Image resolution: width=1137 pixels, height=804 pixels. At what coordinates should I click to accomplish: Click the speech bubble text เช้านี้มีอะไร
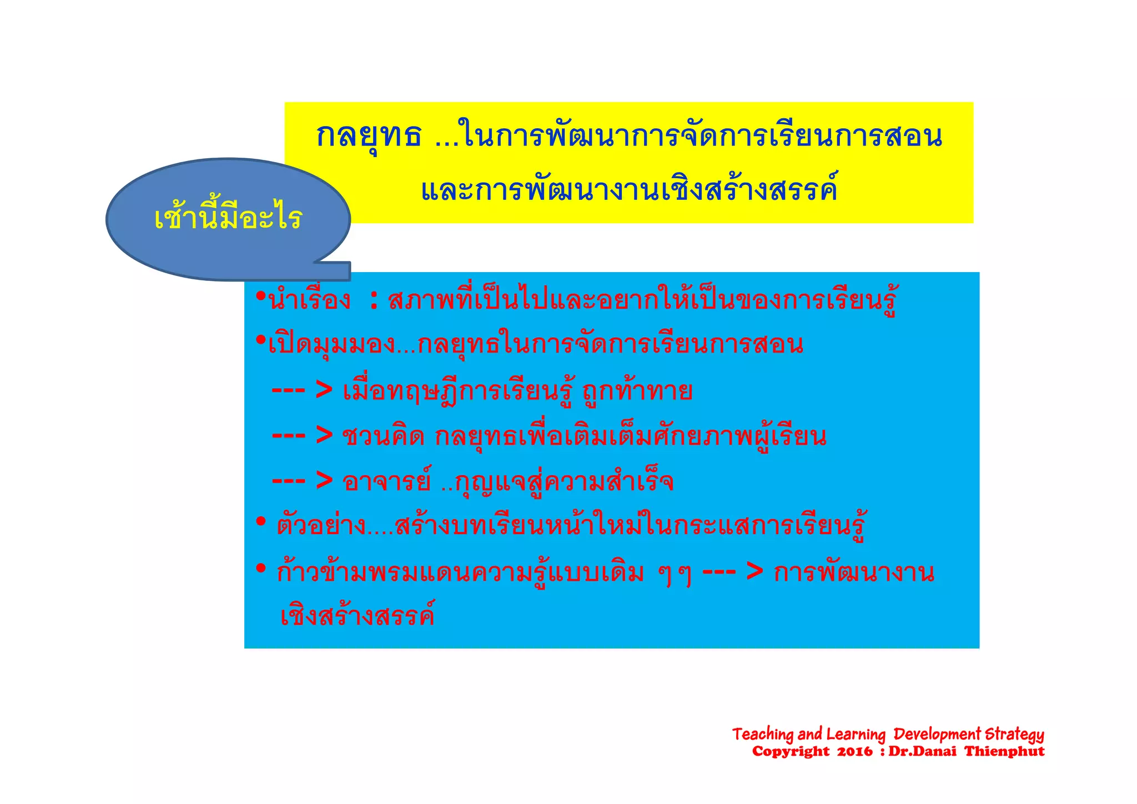[x=228, y=218]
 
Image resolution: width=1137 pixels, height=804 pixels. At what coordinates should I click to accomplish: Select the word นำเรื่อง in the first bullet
[x=309, y=301]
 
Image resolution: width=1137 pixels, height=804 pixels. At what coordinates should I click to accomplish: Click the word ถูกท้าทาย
[x=637, y=391]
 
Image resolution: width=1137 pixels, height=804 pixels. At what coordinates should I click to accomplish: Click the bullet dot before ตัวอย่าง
[x=261, y=522]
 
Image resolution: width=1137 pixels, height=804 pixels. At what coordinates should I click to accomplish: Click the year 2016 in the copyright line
[x=855, y=752]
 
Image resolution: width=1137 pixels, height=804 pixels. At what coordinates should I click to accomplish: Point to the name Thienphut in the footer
[x=1004, y=752]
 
